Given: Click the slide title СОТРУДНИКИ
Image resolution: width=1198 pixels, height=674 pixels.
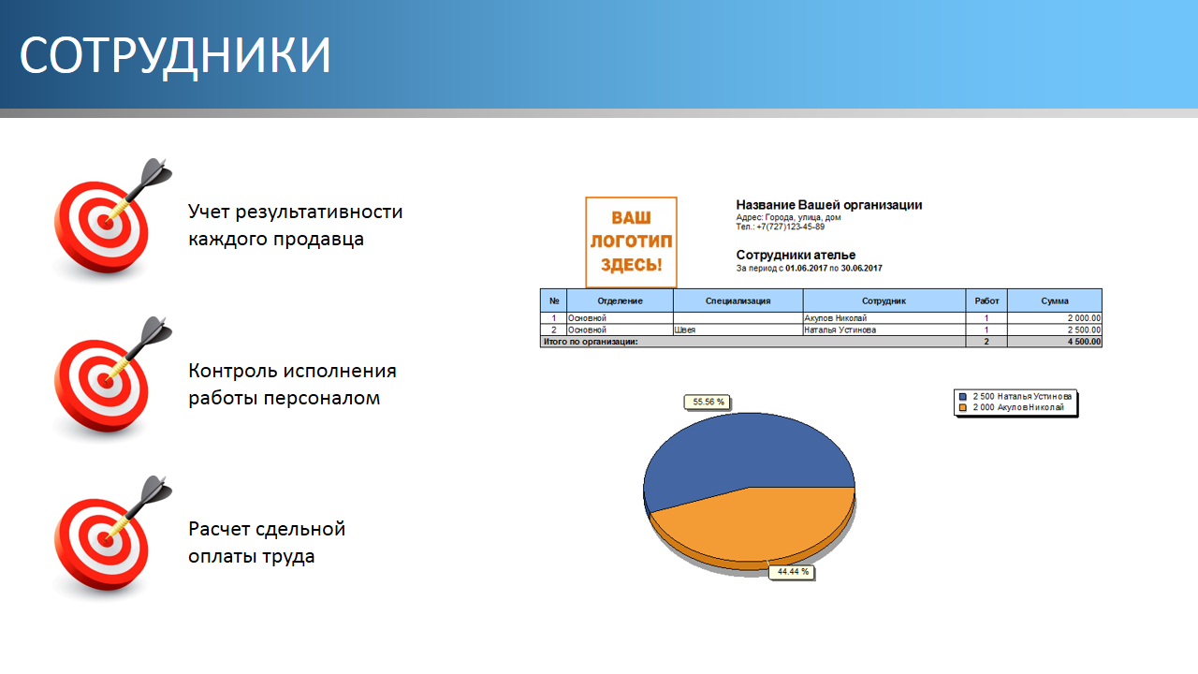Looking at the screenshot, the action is coord(175,55).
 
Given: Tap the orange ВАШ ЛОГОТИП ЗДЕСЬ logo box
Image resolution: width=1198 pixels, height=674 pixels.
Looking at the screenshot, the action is coord(631,242).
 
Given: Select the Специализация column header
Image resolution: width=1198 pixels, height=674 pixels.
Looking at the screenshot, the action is coord(738,300).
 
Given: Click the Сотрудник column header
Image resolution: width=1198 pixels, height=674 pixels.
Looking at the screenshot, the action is coord(884,300).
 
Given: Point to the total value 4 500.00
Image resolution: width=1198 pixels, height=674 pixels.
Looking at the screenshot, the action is coord(1084,342).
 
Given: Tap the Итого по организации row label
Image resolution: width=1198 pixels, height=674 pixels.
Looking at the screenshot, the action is coord(591,342).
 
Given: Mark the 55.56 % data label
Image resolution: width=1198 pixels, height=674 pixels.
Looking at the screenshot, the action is coord(709,402).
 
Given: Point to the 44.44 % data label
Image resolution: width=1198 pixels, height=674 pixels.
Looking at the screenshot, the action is coord(793,572).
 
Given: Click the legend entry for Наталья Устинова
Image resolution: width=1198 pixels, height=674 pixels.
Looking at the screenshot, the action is coord(1015,396).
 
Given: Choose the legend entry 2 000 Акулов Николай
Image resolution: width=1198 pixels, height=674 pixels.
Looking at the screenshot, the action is coord(1012,407).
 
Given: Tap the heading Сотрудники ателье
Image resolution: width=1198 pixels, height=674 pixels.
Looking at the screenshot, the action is coord(796,256).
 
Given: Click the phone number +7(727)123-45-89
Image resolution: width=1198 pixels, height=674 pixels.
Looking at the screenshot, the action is coord(791,227).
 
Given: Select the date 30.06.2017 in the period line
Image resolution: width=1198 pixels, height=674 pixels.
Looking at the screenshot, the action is coord(861,268).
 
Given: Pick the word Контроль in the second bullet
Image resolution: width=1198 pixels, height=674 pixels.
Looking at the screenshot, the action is coord(233,371).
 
